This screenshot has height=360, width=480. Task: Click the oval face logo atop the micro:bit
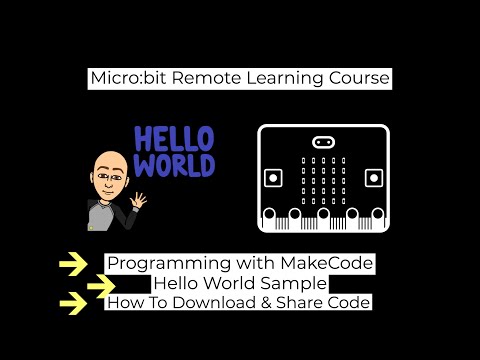click(323, 141)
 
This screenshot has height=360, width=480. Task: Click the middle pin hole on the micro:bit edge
click(323, 215)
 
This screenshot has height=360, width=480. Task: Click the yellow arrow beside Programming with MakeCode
click(72, 264)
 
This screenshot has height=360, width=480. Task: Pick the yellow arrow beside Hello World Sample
click(101, 284)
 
